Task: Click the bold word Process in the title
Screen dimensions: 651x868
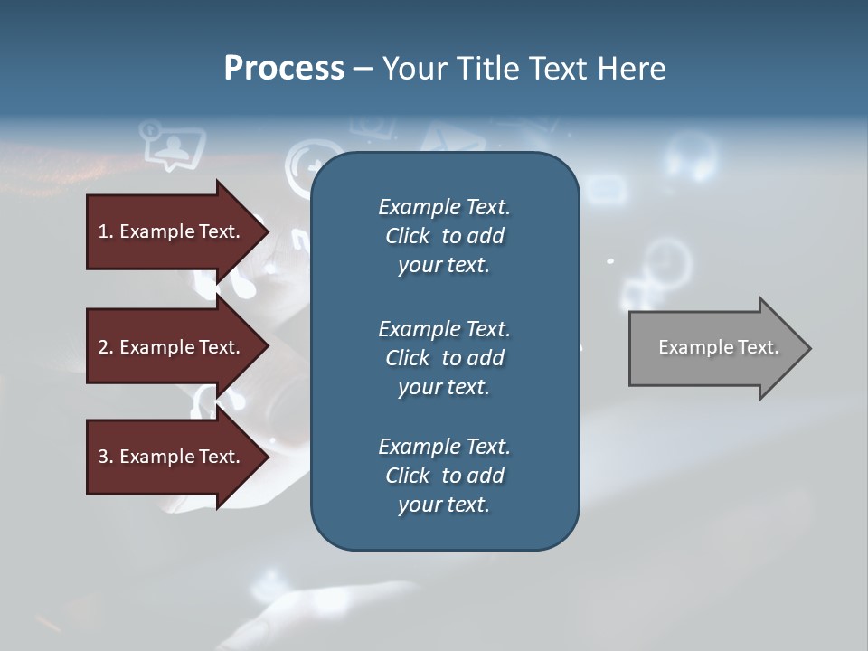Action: (x=284, y=69)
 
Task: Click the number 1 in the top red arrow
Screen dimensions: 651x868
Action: (x=103, y=231)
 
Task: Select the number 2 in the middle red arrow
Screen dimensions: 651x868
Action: (x=103, y=347)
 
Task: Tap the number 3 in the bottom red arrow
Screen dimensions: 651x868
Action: (x=103, y=457)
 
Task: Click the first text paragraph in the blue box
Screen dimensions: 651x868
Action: (x=444, y=236)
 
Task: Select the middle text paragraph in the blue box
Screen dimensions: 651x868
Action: (x=444, y=358)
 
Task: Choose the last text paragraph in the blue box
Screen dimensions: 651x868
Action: (x=444, y=476)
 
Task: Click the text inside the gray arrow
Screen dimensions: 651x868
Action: (x=718, y=347)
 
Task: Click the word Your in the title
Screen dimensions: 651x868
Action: (x=412, y=69)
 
